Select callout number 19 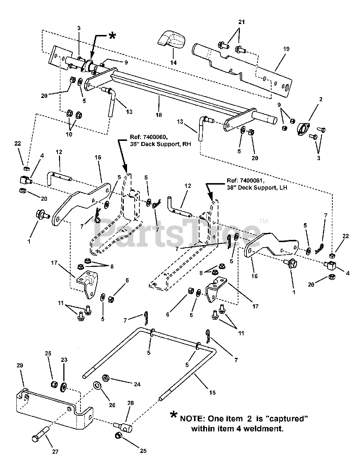pyautogui.click(x=286, y=49)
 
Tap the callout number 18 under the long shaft pyautogui.click(x=159, y=115)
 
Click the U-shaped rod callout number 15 pyautogui.click(x=212, y=392)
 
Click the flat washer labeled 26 pyautogui.click(x=98, y=386)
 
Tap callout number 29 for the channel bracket pyautogui.click(x=20, y=365)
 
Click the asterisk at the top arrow pyautogui.click(x=112, y=36)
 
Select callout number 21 pyautogui.click(x=241, y=22)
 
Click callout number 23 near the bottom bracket pyautogui.click(x=64, y=359)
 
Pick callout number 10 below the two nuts pyautogui.click(x=69, y=134)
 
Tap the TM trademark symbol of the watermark pyautogui.click(x=264, y=221)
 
